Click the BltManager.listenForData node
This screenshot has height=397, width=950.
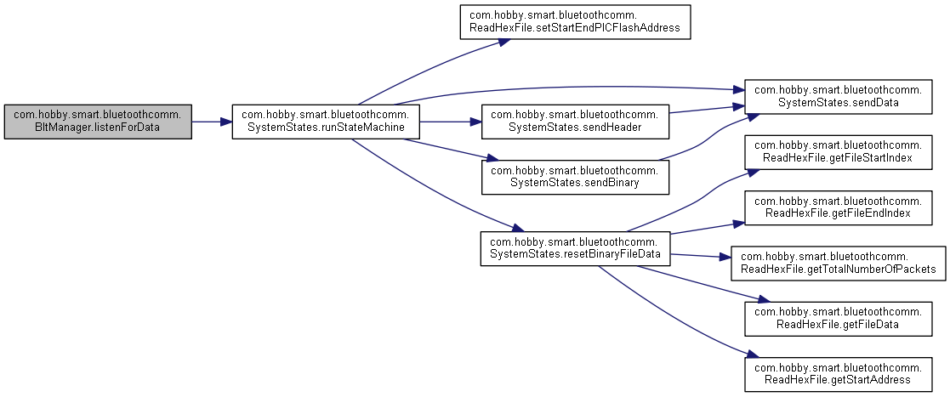point(98,122)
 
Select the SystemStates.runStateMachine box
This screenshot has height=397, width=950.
point(326,122)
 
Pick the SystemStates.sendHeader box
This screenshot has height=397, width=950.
point(575,122)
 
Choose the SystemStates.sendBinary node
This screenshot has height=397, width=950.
point(575,175)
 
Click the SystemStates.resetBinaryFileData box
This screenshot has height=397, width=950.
point(575,247)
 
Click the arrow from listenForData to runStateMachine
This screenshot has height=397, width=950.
point(212,122)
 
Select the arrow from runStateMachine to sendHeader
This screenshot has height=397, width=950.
point(450,122)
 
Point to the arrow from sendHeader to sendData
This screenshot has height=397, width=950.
point(706,108)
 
